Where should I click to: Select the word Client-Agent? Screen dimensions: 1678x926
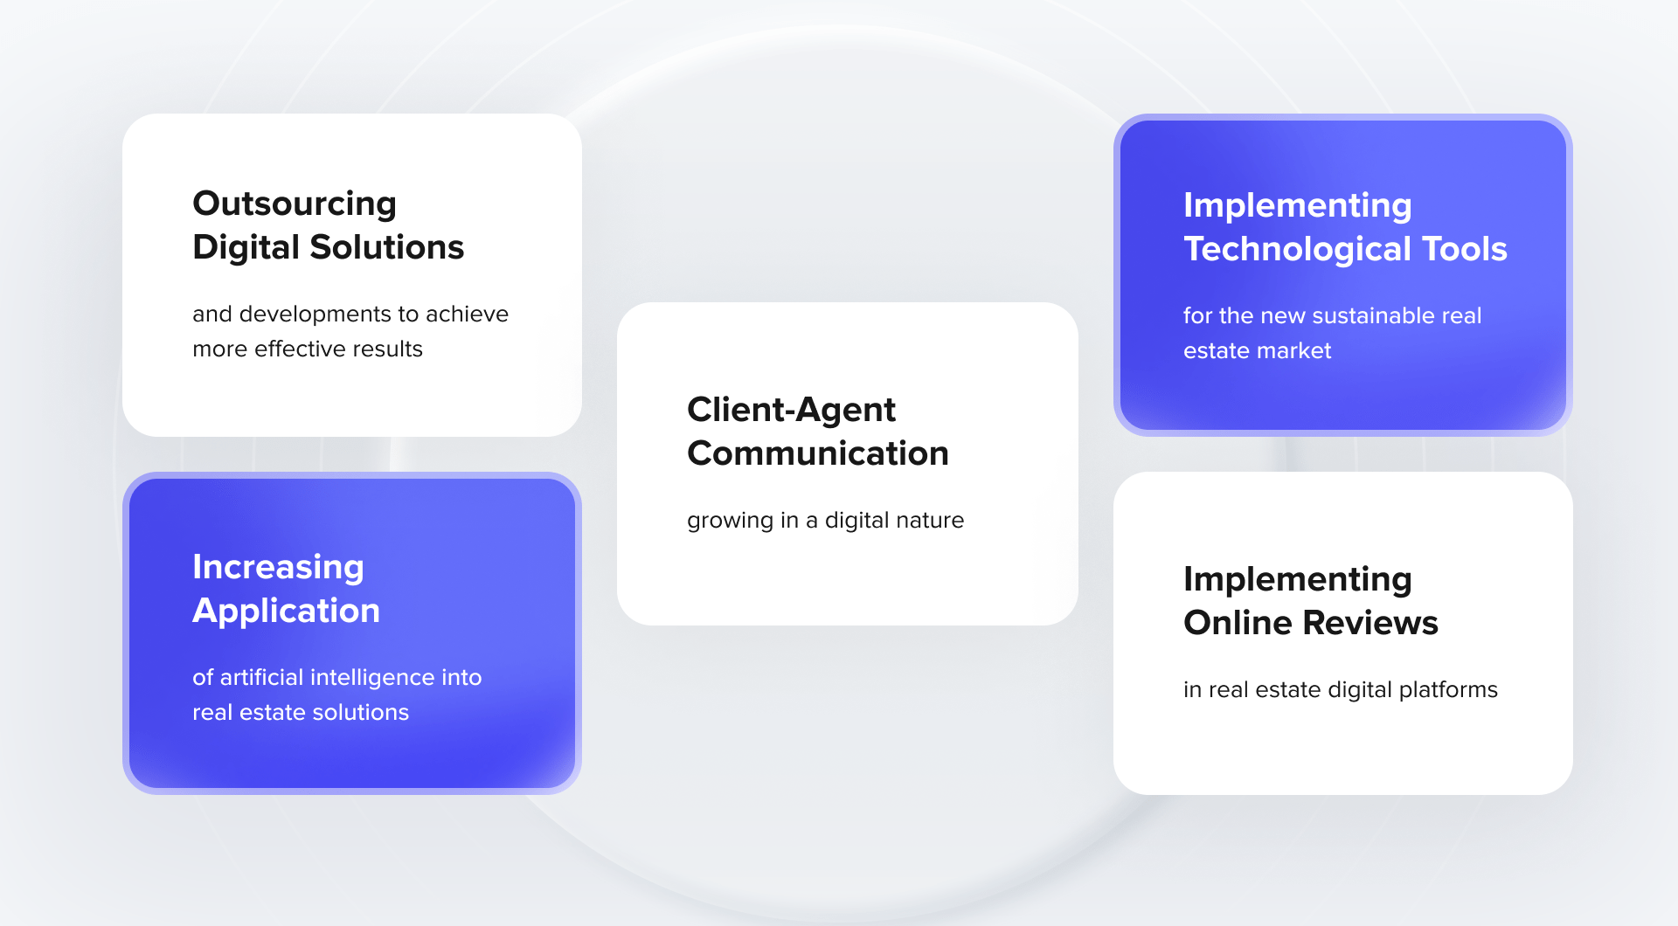coord(791,411)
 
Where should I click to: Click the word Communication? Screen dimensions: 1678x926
coord(818,453)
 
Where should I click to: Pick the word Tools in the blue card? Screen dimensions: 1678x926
coord(1465,249)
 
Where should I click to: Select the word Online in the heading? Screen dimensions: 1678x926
coord(1238,623)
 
